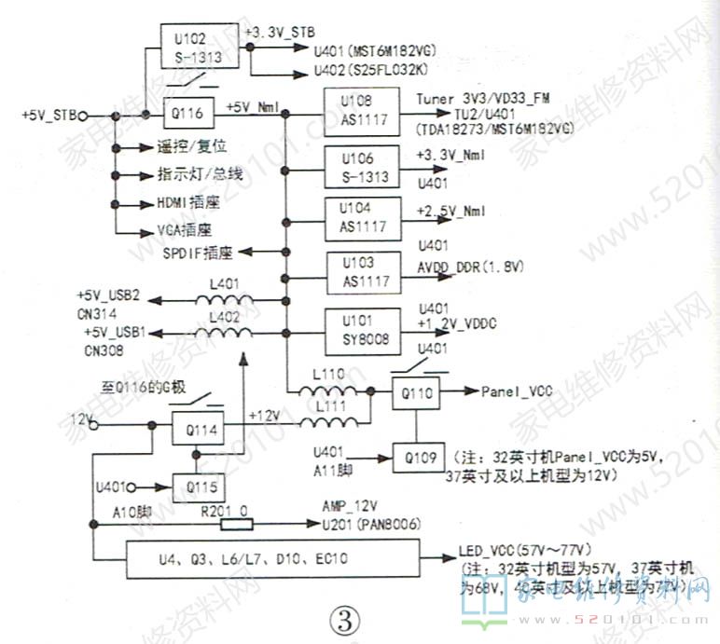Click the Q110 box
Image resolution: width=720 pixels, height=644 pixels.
pos(413,393)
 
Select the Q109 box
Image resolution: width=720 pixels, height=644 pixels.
pos(413,458)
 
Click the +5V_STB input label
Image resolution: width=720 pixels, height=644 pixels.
pos(48,116)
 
